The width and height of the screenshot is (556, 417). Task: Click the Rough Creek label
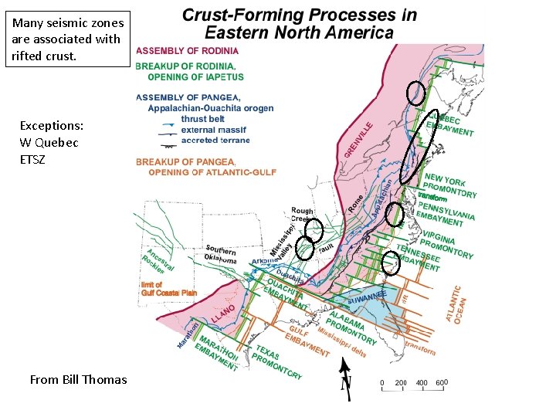pos(302,215)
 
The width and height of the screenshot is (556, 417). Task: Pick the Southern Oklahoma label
pos(221,255)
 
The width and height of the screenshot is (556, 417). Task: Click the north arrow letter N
pos(347,385)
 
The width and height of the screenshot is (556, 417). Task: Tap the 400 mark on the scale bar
pos(422,383)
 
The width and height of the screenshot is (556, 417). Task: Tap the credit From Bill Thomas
pos(78,379)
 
